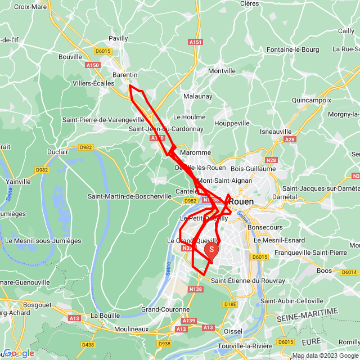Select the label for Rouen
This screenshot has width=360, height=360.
pos(241,201)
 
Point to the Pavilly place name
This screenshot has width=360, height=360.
pos(118,38)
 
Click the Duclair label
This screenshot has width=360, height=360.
pos(57,152)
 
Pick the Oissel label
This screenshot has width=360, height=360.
pos(233,331)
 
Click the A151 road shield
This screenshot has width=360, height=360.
pos(195,42)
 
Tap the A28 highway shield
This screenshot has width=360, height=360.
pos(290,139)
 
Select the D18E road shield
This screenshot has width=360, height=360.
pos(231,304)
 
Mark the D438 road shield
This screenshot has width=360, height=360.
pos(88,344)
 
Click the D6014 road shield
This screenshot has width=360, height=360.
pos(349,272)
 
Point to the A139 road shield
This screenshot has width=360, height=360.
pos(189,321)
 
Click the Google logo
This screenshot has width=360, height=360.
pos(19,353)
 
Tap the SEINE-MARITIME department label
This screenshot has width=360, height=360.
pos(308,315)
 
